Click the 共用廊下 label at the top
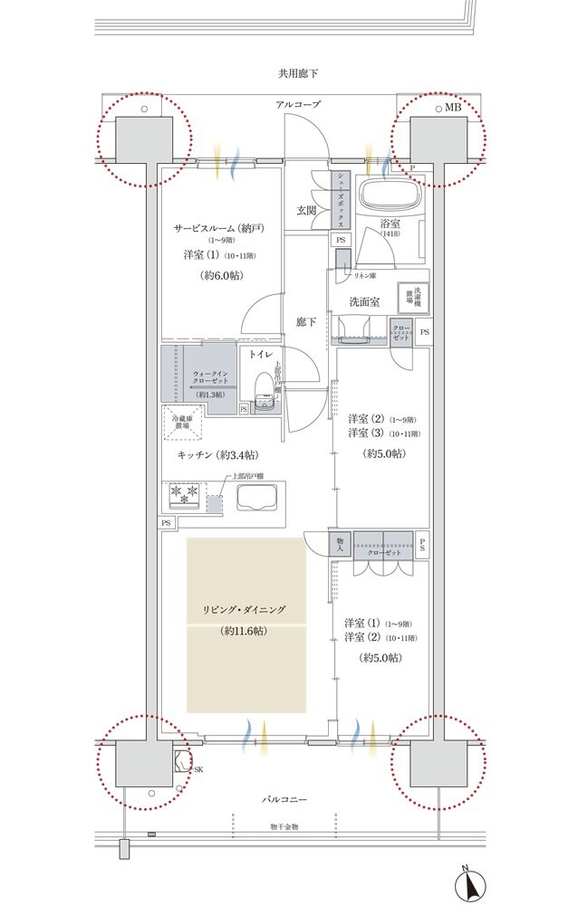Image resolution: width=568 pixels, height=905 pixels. coord(298,72)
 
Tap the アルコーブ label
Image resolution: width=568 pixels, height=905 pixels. coord(298,106)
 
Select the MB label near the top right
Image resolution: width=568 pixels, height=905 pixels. coord(452,107)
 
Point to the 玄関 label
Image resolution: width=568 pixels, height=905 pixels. coord(305,211)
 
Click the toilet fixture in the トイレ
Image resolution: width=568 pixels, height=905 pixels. coord(263,391)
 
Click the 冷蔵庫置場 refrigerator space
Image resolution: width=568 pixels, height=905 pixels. coord(182,421)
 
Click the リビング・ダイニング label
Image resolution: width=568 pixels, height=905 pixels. coord(244,610)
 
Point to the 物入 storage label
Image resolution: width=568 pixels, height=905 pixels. coord(340,543)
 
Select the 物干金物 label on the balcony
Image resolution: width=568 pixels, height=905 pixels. coord(290,825)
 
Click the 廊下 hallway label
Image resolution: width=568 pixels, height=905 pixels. coord(306,322)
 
